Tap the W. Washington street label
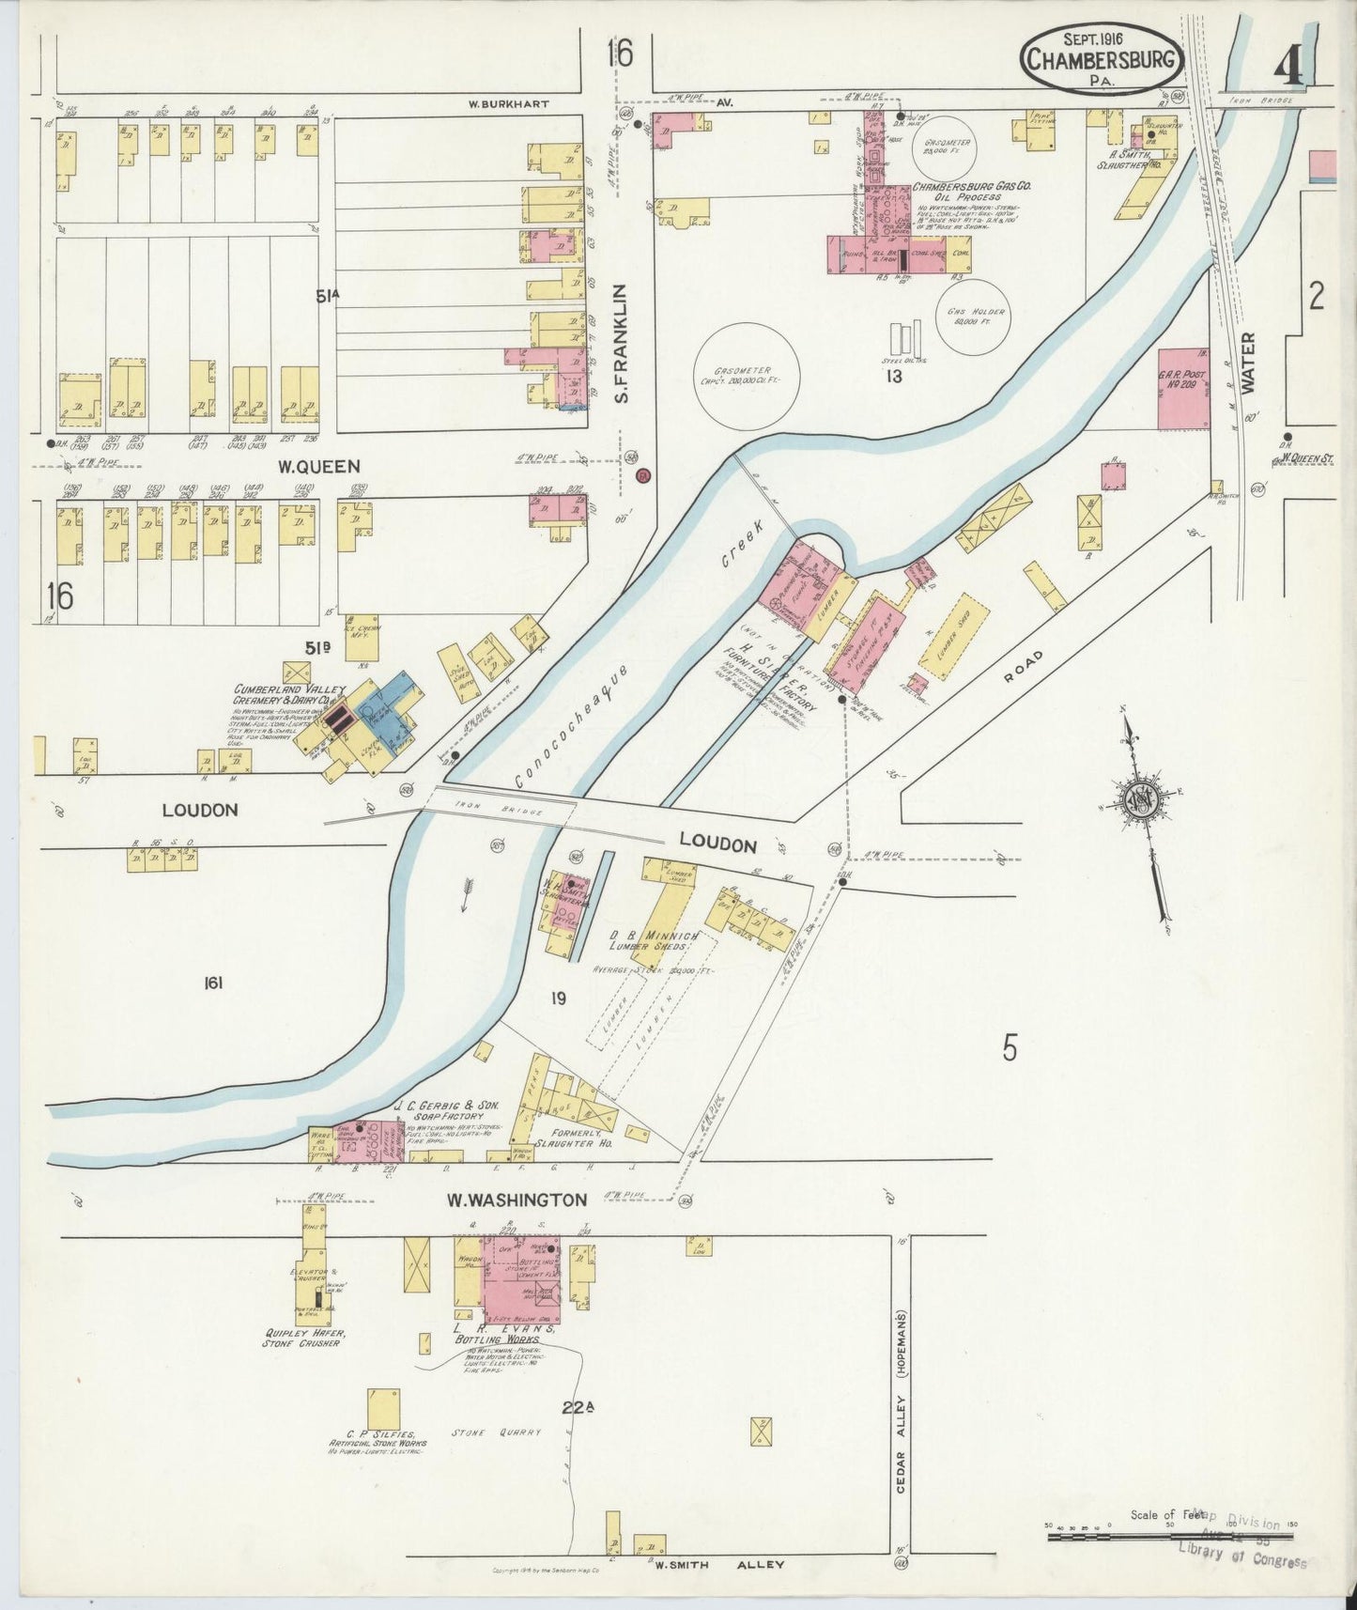[517, 1200]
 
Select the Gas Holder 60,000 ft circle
[976, 316]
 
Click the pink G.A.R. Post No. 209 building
[1184, 389]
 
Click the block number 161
[212, 983]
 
